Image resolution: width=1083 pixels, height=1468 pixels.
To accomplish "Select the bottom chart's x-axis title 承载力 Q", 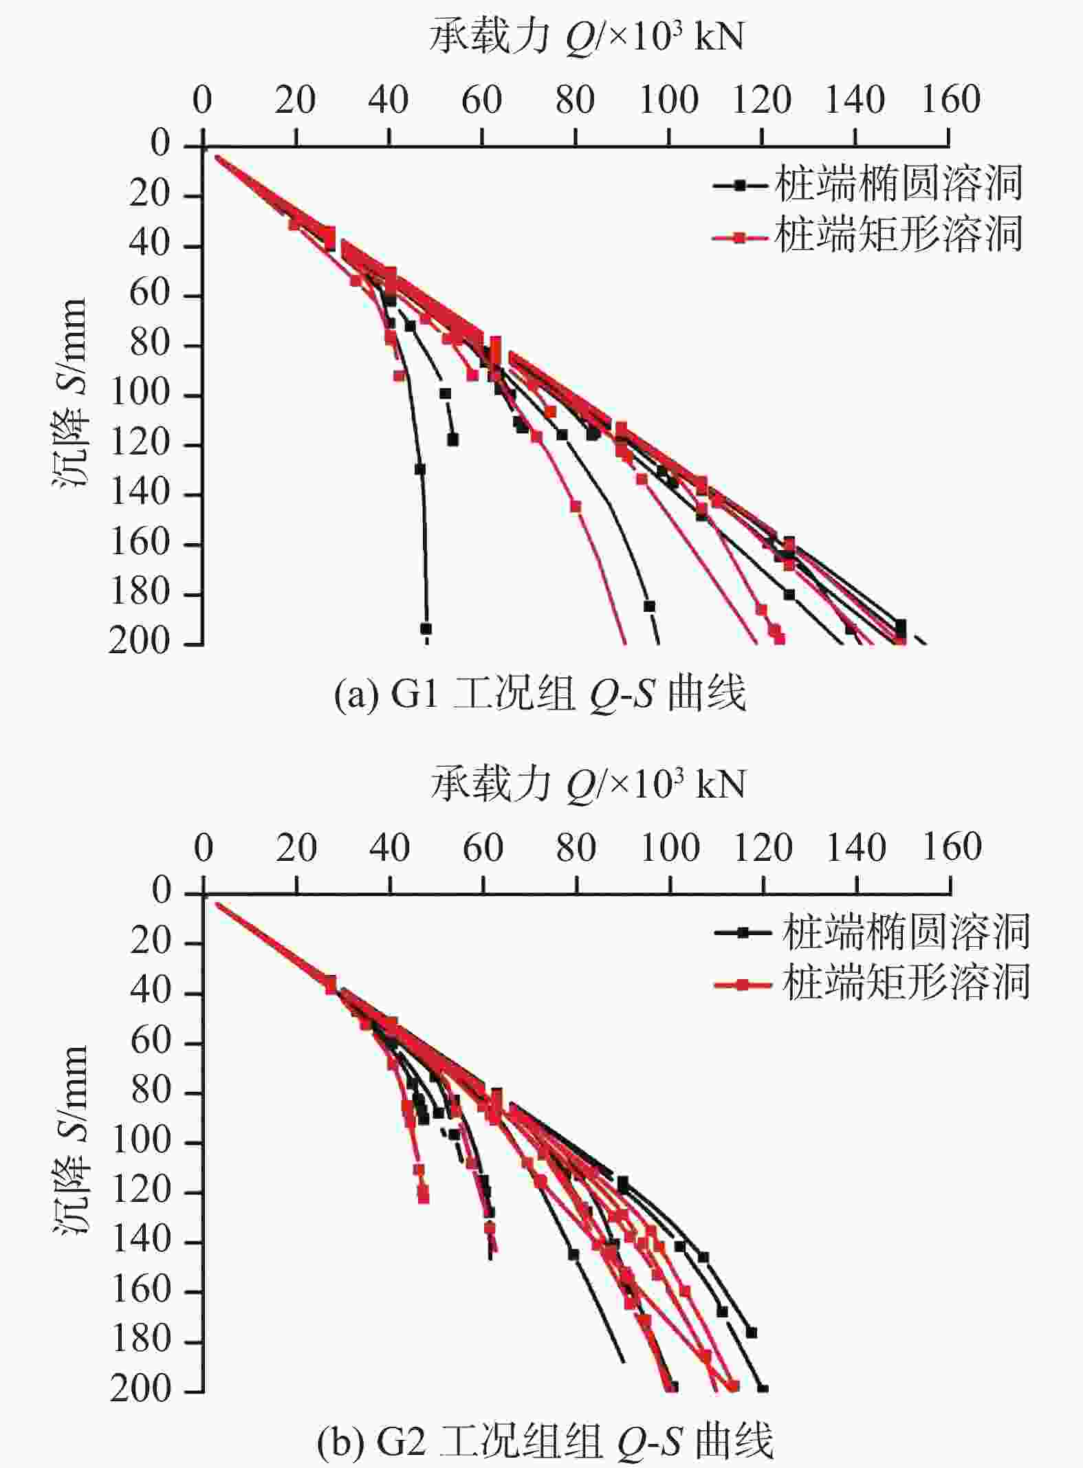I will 588,785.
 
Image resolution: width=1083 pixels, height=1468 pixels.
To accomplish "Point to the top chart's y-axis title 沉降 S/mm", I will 70,393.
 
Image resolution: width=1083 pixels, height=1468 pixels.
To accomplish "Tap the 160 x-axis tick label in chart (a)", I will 951,100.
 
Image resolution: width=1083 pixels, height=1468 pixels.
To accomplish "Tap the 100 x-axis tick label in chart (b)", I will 670,848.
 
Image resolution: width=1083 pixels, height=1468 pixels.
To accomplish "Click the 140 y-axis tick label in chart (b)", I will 140,1240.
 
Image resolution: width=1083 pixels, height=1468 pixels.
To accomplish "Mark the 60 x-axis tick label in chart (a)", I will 481,100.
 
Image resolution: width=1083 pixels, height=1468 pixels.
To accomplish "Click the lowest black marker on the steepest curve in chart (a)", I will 426,628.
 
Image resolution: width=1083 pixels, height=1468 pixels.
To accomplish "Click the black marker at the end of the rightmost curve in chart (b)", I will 762,1389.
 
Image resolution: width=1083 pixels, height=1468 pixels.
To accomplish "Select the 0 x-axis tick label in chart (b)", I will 203,848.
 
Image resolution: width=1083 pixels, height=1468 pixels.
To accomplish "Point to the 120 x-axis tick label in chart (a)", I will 762,100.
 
